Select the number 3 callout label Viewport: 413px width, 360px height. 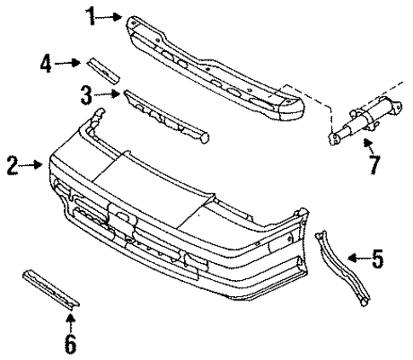click(x=86, y=93)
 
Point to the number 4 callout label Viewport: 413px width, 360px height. click(x=47, y=61)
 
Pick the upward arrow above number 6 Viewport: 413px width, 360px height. click(x=71, y=318)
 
